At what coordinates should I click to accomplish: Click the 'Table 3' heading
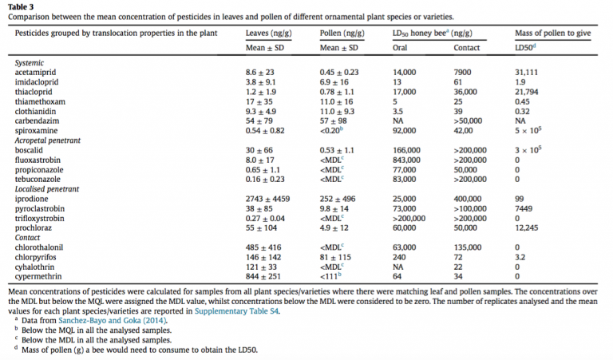pyautogui.click(x=21, y=7)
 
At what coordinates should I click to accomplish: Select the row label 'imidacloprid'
pyautogui.click(x=37, y=82)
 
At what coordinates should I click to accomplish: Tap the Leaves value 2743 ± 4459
pyautogui.click(x=267, y=199)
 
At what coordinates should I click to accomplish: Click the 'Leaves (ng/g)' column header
pyautogui.click(x=268, y=34)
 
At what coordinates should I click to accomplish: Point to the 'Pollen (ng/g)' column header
pyautogui.click(x=342, y=34)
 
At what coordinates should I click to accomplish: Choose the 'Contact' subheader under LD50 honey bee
pyautogui.click(x=466, y=48)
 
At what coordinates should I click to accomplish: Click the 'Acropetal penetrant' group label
pyautogui.click(x=48, y=140)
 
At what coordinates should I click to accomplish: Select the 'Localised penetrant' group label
pyautogui.click(x=47, y=189)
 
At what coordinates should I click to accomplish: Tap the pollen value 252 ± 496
pyautogui.click(x=338, y=199)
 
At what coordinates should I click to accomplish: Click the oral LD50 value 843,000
pyautogui.click(x=406, y=160)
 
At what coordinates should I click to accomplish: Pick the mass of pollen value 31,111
pyautogui.click(x=526, y=73)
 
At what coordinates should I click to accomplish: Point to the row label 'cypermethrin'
pyautogui.click(x=38, y=277)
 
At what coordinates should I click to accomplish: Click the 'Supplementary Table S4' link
pyautogui.click(x=236, y=311)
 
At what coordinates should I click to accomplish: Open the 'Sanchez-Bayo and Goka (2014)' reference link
pyautogui.click(x=113, y=321)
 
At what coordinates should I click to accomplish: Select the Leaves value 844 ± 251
pyautogui.click(x=263, y=277)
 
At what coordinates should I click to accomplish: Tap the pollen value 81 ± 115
pyautogui.click(x=335, y=257)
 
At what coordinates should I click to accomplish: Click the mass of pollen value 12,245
pyautogui.click(x=526, y=227)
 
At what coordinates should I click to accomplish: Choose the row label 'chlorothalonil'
pyautogui.click(x=39, y=247)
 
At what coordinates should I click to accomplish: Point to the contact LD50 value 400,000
pyautogui.click(x=468, y=199)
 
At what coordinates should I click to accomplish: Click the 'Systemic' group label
pyautogui.click(x=30, y=63)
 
